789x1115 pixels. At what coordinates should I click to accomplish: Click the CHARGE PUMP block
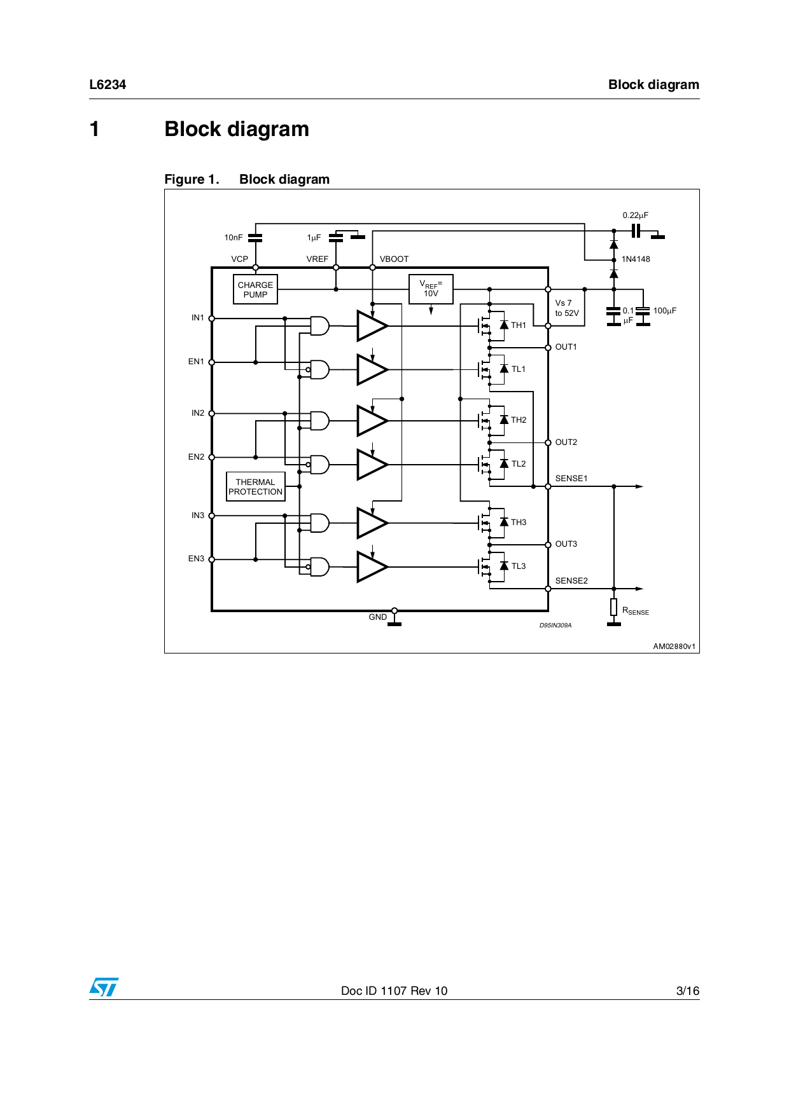click(255, 290)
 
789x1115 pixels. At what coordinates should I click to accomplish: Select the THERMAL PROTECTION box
click(255, 487)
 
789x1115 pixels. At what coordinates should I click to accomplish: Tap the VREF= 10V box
click(431, 289)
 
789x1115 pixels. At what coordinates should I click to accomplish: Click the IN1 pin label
click(198, 318)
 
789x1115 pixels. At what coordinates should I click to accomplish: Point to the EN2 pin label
click(196, 457)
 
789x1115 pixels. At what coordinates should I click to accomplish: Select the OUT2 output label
click(566, 442)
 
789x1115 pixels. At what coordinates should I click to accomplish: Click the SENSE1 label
click(571, 479)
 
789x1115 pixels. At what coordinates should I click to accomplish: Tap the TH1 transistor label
click(519, 325)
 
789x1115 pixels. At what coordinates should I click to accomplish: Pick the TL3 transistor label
click(519, 566)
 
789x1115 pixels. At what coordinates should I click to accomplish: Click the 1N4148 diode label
click(636, 259)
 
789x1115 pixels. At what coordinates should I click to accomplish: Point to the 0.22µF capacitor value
click(635, 215)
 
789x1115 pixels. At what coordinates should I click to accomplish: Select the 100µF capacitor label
click(664, 311)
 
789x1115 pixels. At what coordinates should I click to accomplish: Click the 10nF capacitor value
click(233, 238)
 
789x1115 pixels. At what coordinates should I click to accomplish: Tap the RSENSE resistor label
click(635, 611)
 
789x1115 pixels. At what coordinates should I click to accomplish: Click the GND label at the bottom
click(377, 617)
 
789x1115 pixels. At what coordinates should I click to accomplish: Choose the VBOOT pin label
click(394, 259)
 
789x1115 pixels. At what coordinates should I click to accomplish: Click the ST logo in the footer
click(104, 987)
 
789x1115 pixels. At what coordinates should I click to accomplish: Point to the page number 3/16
click(687, 991)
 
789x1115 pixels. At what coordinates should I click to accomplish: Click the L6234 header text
click(108, 85)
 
